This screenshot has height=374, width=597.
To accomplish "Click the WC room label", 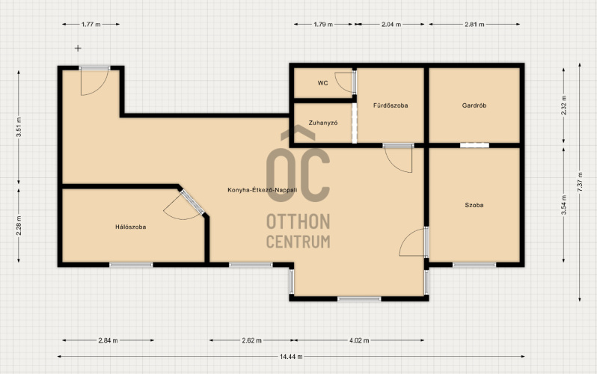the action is (x=322, y=83).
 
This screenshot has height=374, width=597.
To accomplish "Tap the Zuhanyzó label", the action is (x=323, y=123).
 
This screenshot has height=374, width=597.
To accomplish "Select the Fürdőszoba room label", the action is (x=391, y=105).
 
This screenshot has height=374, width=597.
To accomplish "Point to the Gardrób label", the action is (x=474, y=105).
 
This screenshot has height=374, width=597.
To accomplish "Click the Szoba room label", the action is (x=474, y=205).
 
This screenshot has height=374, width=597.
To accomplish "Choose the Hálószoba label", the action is (x=131, y=227).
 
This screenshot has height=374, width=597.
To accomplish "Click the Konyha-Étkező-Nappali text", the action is (x=263, y=190).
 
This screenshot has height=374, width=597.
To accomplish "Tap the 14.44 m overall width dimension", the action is (x=291, y=357).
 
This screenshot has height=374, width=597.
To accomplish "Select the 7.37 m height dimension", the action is (x=580, y=182).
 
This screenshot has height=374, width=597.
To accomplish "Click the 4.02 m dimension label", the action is (x=359, y=340).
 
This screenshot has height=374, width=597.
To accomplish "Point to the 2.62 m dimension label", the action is (x=251, y=340).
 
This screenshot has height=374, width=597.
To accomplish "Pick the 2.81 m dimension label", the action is (x=474, y=25).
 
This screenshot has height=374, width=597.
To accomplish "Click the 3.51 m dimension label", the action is (x=19, y=127).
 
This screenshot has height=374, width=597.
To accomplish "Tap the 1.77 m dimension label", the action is (x=91, y=25).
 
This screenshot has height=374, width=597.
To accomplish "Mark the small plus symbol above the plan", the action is (x=78, y=48).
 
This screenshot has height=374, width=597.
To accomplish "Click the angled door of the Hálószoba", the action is (x=193, y=203).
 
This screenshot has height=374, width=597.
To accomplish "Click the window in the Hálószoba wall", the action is (x=131, y=264).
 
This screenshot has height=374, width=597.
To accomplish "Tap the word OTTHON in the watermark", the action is (x=298, y=221).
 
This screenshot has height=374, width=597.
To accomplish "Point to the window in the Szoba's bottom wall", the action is (x=474, y=264).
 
